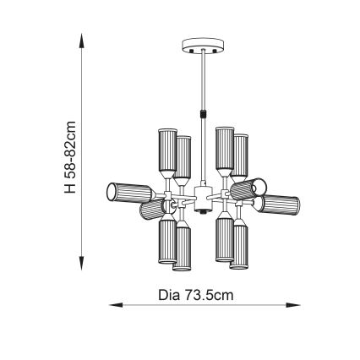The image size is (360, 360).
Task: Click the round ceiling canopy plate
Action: pyautogui.click(x=203, y=44)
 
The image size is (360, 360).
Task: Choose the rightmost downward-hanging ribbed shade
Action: pyautogui.click(x=241, y=245)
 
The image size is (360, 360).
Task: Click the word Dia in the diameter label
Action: pyautogui.click(x=169, y=296)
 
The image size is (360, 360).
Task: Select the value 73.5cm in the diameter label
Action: pyautogui.click(x=210, y=296)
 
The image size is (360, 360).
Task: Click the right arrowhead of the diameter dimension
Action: pyautogui.click(x=297, y=306)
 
